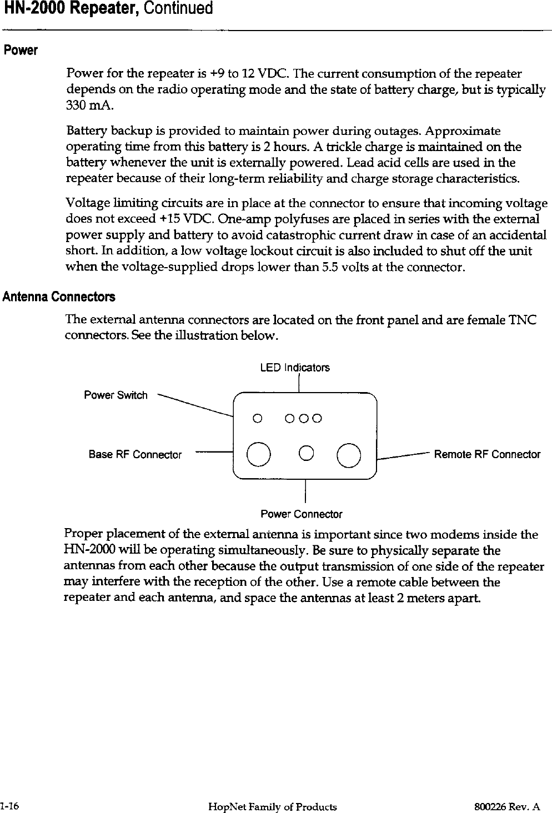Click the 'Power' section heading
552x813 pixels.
[x=21, y=51]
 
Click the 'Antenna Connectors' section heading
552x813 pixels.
[x=59, y=297]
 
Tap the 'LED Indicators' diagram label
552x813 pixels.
[x=294, y=368]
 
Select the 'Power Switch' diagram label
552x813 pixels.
[x=116, y=395]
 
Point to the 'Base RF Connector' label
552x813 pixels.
[x=135, y=455]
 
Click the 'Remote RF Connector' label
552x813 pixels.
[x=486, y=455]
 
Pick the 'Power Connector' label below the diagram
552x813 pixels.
[x=302, y=514]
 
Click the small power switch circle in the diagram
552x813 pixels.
[x=257, y=418]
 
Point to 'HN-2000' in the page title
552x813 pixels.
[x=33, y=9]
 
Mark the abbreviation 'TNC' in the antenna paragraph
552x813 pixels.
[x=524, y=320]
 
